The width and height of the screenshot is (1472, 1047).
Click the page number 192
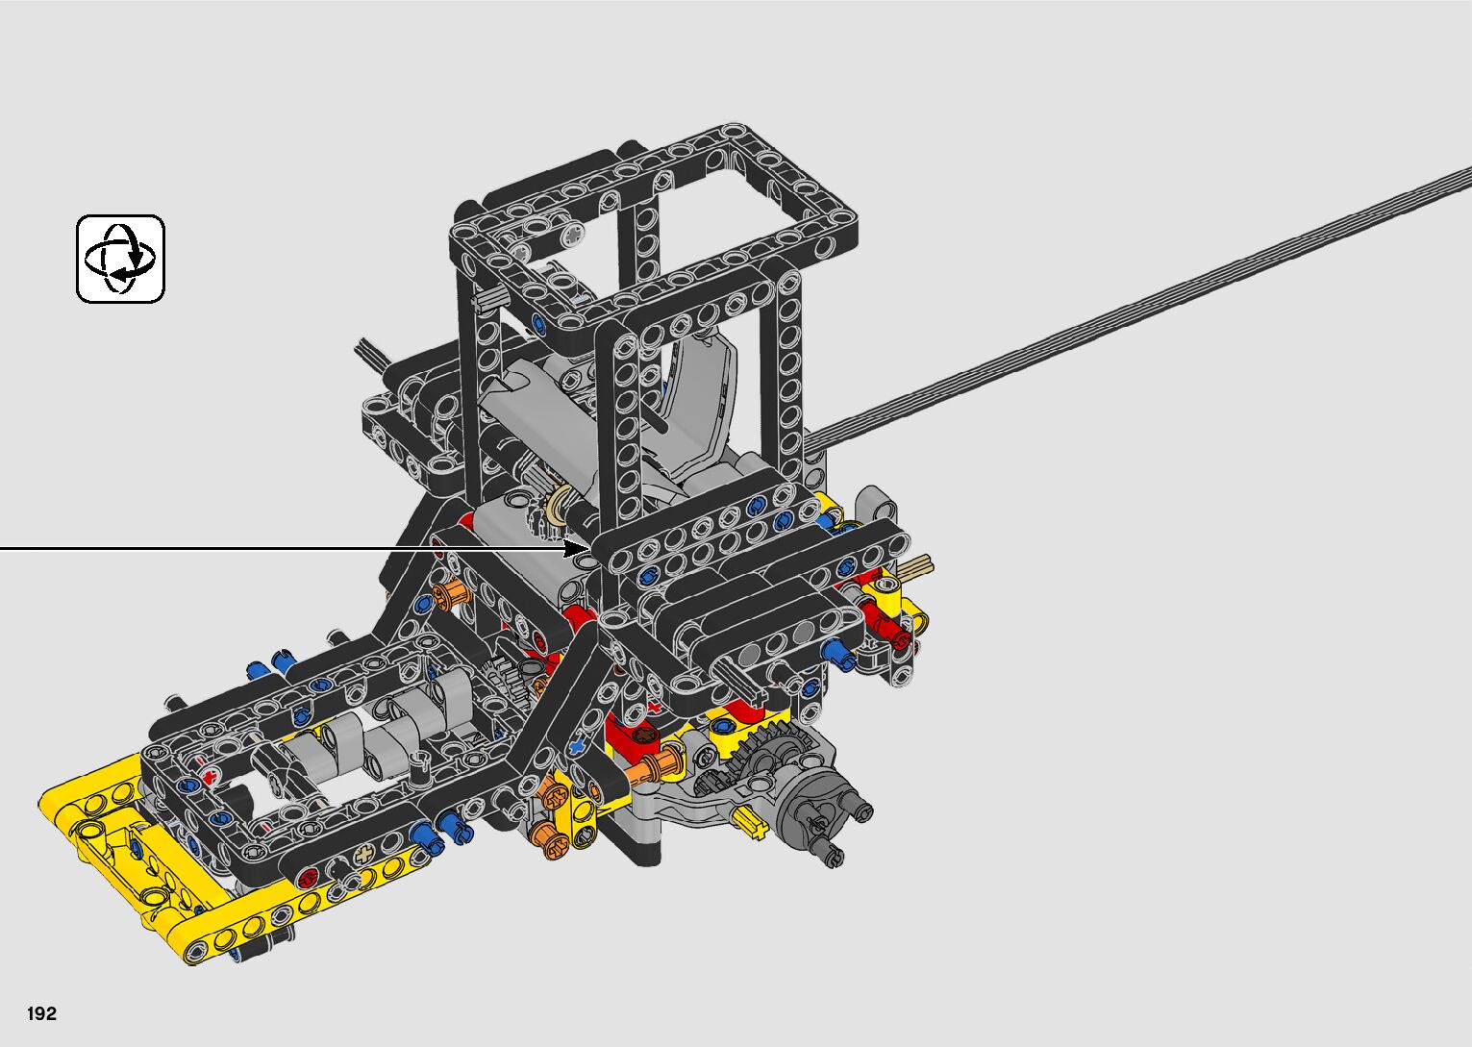41,1013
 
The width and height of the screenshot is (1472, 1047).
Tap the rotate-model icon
120,259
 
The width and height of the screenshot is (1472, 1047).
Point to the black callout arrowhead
577,547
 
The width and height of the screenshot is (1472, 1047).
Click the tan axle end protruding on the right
918,566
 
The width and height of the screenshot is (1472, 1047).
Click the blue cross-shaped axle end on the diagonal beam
577,746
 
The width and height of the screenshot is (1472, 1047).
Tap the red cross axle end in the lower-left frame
209,778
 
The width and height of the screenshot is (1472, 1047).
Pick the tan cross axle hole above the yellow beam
363,855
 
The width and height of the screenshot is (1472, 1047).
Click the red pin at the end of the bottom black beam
307,878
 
